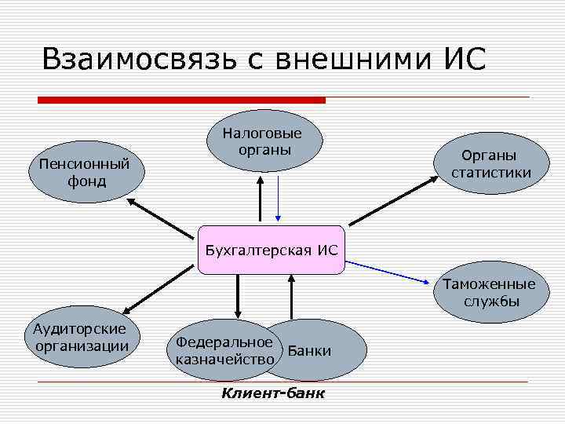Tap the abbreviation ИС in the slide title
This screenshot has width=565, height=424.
[x=464, y=60]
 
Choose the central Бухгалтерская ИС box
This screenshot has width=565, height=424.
[x=271, y=250]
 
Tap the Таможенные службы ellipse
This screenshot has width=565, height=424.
[x=489, y=292]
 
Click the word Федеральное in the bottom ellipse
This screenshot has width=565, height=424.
[x=224, y=342]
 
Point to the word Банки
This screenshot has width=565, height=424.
[x=310, y=351]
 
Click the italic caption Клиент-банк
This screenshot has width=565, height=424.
[x=273, y=393]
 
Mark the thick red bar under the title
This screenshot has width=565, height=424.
[x=181, y=100]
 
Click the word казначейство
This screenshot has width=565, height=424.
[x=225, y=359]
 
